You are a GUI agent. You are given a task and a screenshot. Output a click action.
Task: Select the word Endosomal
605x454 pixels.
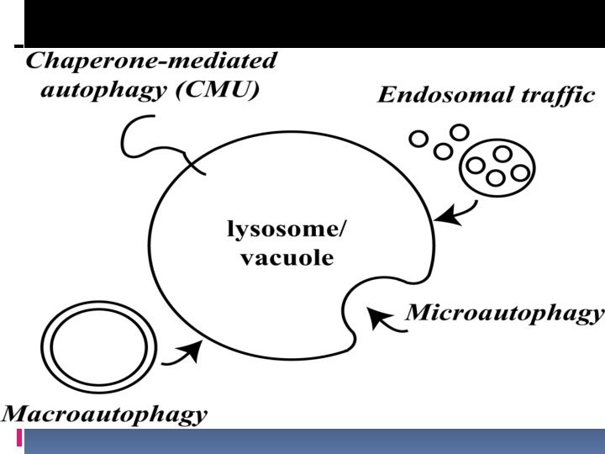445,94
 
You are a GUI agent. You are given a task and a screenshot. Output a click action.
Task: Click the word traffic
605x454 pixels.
555,94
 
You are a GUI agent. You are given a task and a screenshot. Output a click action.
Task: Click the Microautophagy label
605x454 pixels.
505,314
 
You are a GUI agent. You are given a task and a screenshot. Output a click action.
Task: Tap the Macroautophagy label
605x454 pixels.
104,413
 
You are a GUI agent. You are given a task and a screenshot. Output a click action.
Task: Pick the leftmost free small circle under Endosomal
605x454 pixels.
416,140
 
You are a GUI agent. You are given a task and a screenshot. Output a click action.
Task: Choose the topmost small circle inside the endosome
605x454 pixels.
502,154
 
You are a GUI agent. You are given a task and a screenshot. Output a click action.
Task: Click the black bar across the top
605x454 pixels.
311,23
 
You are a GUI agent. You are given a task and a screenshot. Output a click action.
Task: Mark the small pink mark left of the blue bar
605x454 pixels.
18,438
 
